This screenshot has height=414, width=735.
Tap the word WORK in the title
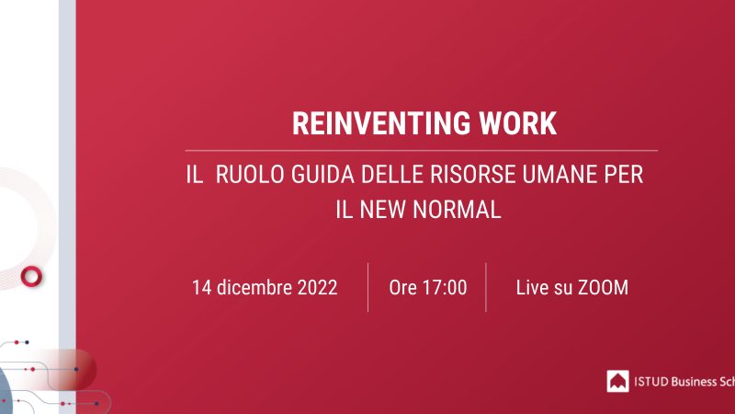click(518, 123)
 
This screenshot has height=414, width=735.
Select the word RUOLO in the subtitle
click(250, 174)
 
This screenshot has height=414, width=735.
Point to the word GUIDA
click(322, 174)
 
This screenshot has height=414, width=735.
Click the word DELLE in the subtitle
click(392, 174)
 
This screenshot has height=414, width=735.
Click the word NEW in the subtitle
click(382, 210)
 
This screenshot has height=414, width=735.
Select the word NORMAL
click(457, 210)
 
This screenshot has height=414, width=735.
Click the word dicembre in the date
click(254, 287)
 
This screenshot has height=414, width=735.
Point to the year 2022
click(317, 288)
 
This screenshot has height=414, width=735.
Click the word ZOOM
click(603, 288)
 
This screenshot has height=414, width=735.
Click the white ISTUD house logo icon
click(617, 381)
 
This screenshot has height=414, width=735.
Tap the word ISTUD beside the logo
click(651, 382)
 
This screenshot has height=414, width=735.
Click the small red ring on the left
click(24, 276)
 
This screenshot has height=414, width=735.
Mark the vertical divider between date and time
click(368, 287)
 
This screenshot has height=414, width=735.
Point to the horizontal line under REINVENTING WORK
click(422, 151)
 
